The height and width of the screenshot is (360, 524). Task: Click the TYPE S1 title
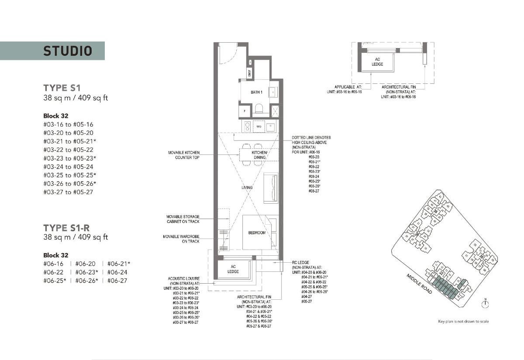62,87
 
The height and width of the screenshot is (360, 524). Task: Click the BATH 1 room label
256,93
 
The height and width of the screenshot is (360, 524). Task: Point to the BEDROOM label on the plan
256,233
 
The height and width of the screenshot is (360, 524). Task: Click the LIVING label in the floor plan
247,188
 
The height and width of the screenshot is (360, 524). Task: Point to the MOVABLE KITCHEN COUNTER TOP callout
183,155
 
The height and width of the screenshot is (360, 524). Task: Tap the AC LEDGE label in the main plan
233,269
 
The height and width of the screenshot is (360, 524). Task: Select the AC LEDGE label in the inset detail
377,62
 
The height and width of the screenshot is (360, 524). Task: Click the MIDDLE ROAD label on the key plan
419,284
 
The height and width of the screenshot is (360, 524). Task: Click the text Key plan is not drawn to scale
463,322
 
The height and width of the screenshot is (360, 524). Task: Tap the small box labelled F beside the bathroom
245,111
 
